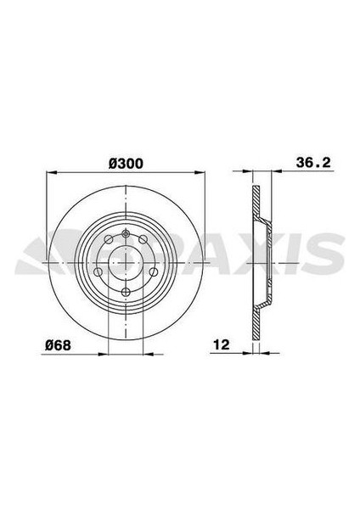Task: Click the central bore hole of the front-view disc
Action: click(x=123, y=261)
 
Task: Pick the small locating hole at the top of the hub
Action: click(x=124, y=234)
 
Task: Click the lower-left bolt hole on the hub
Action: click(x=98, y=272)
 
